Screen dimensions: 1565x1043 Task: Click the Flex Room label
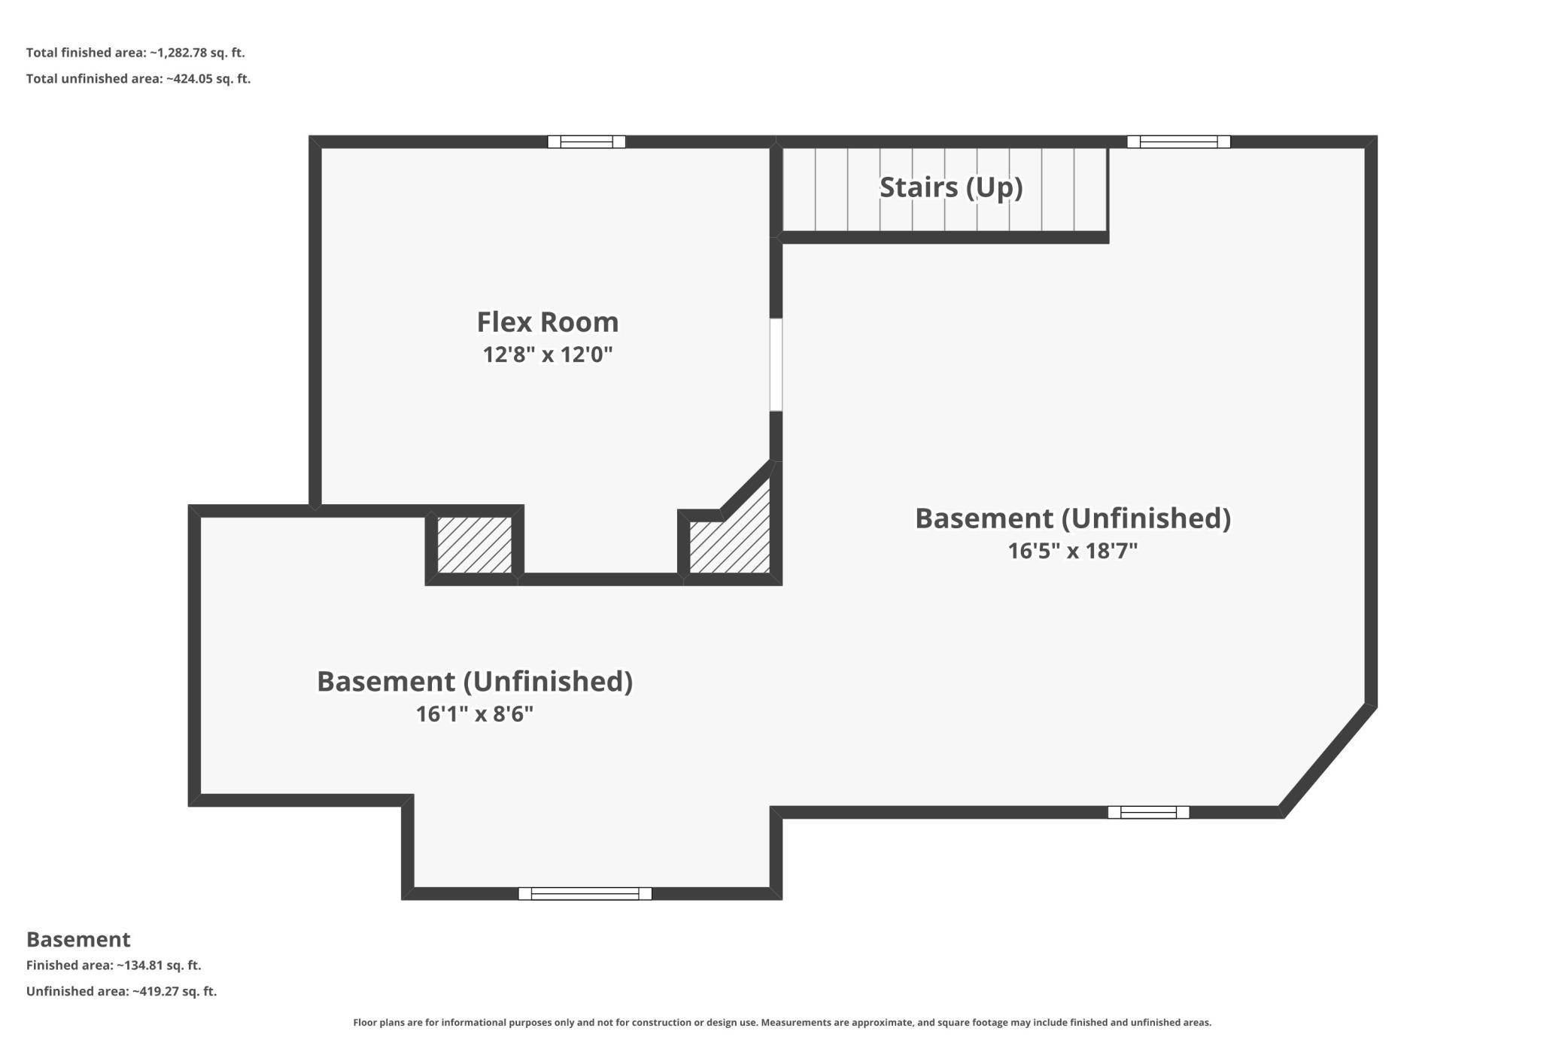[x=548, y=322]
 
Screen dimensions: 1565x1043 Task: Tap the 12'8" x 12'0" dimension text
[x=548, y=354]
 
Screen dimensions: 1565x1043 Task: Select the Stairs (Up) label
[x=951, y=187]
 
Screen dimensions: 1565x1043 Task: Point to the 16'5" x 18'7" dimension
[x=1073, y=551]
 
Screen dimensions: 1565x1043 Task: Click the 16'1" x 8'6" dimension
[x=475, y=713]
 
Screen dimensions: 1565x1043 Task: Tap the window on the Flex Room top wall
[x=586, y=141]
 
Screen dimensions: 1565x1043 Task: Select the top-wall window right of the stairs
[x=1178, y=141]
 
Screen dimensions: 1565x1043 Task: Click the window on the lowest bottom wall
[x=585, y=893]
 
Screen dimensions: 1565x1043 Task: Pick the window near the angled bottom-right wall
[x=1148, y=812]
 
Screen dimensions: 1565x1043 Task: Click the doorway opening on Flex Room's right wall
[x=776, y=365]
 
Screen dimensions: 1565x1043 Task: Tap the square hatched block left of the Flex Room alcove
[x=474, y=545]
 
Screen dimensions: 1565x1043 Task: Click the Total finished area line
[x=135, y=53]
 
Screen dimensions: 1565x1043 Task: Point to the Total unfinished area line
[x=138, y=78]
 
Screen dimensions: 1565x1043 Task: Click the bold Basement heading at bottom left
[x=78, y=939]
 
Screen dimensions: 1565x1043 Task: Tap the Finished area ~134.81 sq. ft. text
[x=114, y=965]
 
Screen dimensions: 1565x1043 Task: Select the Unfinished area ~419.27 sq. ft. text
[x=121, y=991]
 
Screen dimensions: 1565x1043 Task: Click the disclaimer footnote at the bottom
[x=782, y=1023]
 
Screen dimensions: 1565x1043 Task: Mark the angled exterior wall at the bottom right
[x=1327, y=760]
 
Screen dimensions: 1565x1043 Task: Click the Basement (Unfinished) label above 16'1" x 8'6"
[x=475, y=681]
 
